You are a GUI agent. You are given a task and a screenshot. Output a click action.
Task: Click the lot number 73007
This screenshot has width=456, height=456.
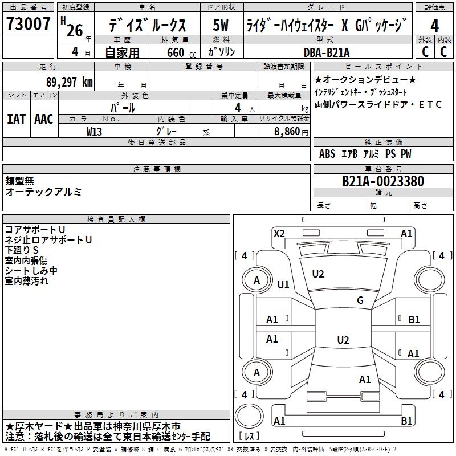pyautogui.click(x=28, y=25)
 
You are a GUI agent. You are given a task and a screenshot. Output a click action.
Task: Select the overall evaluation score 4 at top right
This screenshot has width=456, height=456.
pyautogui.click(x=434, y=26)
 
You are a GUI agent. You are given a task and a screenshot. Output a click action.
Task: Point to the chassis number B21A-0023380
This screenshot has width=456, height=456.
pyautogui.click(x=382, y=181)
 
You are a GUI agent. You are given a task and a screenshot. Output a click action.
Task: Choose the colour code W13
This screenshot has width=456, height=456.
pyautogui.click(x=94, y=131)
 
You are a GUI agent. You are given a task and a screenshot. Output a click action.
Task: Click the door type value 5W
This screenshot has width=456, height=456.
pyautogui.click(x=221, y=26)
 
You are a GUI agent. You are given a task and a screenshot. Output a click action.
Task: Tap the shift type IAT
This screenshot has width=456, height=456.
pyautogui.click(x=16, y=119)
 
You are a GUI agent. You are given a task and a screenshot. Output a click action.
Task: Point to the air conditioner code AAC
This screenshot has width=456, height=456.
pyautogui.click(x=44, y=119)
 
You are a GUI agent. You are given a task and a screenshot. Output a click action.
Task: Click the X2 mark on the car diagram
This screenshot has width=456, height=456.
pyautogui.click(x=279, y=233)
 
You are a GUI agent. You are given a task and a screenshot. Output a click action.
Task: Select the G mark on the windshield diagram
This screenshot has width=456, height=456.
pyautogui.click(x=360, y=300)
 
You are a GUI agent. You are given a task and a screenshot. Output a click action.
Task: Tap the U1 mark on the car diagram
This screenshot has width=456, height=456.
pyautogui.click(x=283, y=284)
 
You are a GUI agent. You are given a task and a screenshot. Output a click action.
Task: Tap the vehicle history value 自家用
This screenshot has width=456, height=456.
pyautogui.click(x=122, y=52)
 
